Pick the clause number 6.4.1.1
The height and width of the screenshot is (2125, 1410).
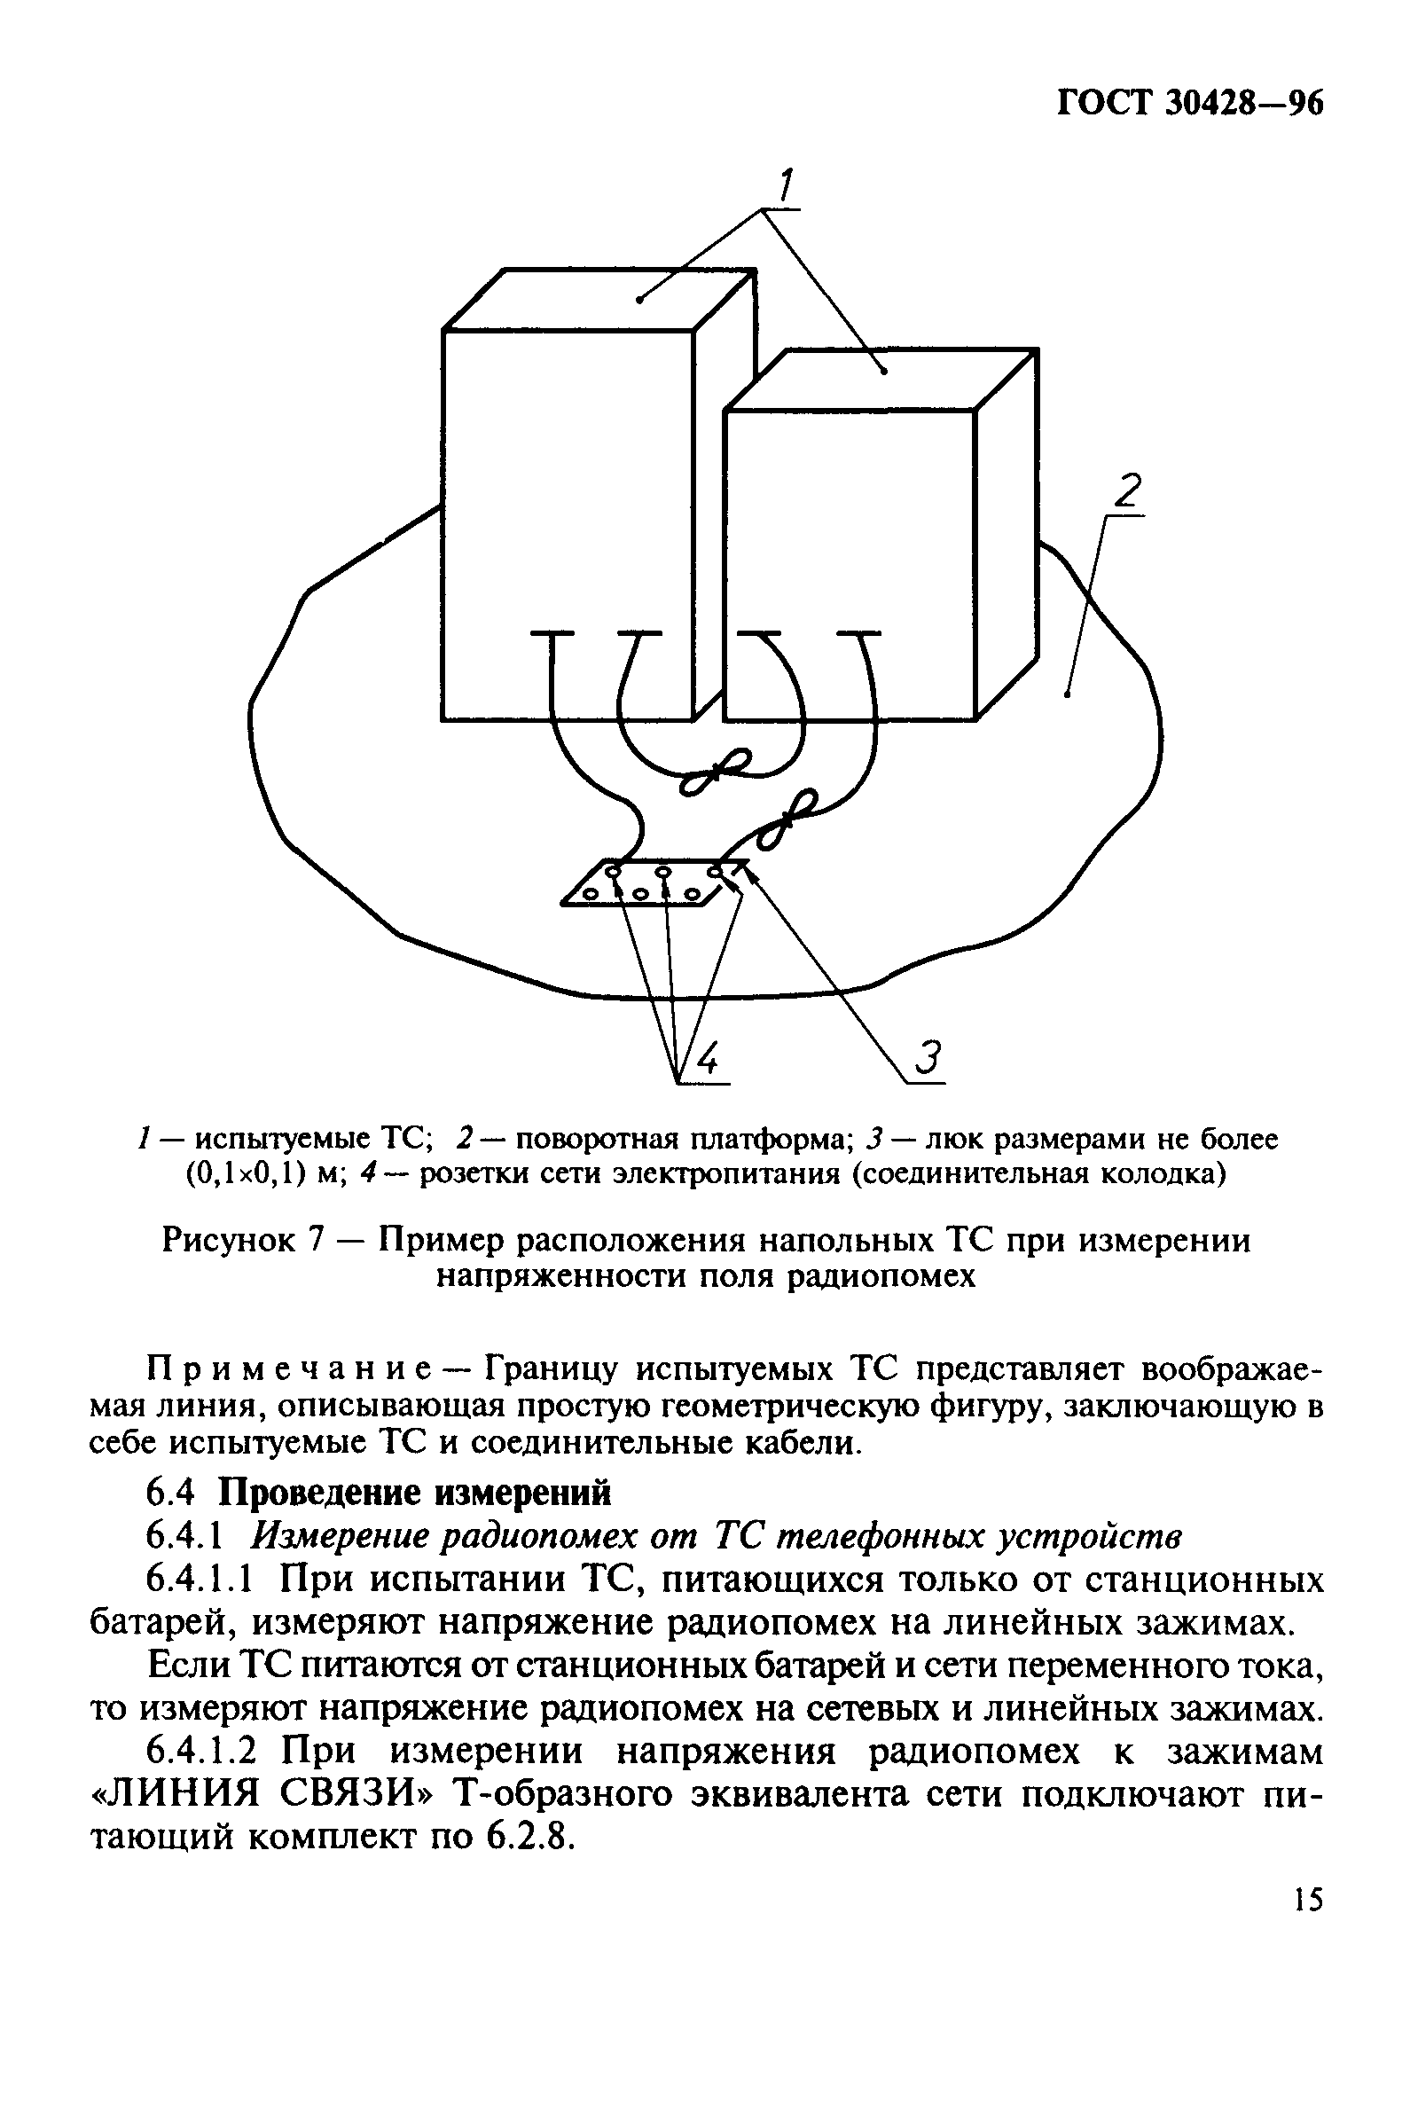pos(203,1580)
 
